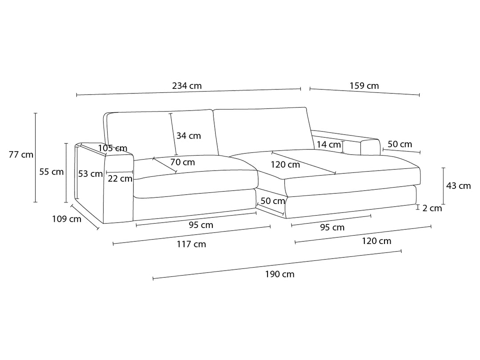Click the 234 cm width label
click(x=187, y=86)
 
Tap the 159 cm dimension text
click(x=364, y=86)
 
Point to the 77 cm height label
click(x=21, y=155)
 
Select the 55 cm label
click(x=52, y=172)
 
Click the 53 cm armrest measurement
click(x=90, y=174)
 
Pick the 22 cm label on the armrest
click(x=120, y=179)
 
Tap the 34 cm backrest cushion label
click(x=188, y=136)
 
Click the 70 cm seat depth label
click(x=183, y=162)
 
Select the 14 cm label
click(x=328, y=144)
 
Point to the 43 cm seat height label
click(x=458, y=185)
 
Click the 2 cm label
click(x=432, y=208)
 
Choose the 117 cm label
click(x=191, y=244)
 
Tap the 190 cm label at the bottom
click(x=280, y=274)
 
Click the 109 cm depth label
click(x=67, y=219)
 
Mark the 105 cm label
click(x=112, y=148)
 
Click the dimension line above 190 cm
click(x=277, y=265)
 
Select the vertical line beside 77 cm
click(x=36, y=158)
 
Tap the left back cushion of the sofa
click(x=162, y=135)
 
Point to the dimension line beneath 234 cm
click(x=188, y=92)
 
